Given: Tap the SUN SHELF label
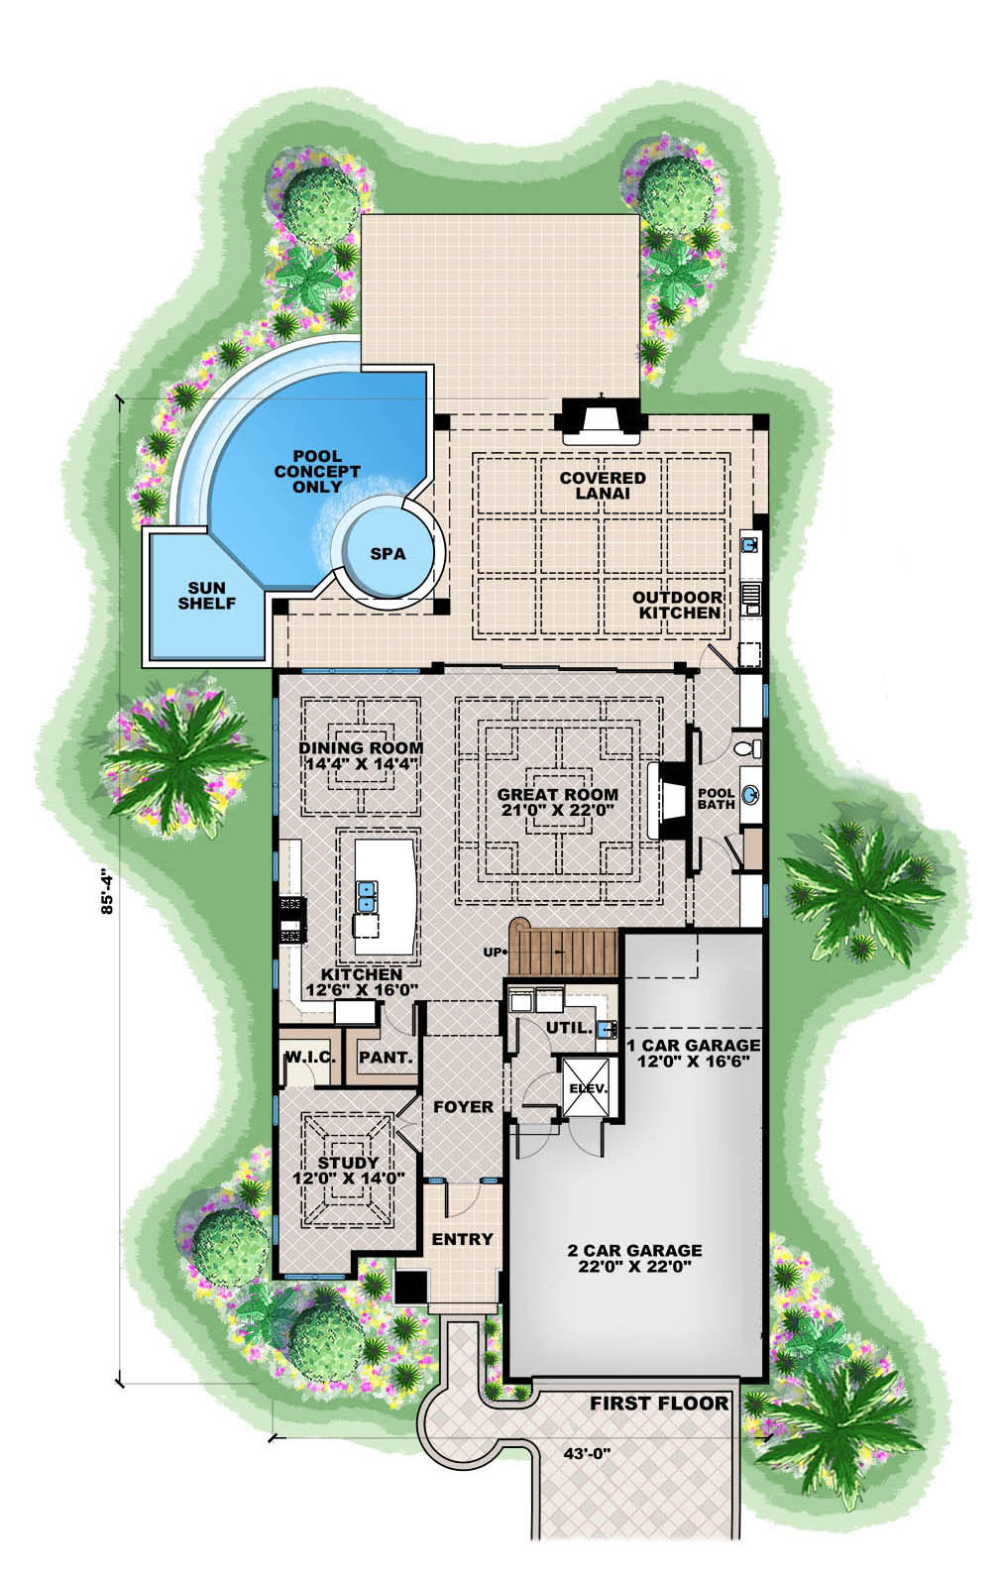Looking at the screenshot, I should tap(207, 596).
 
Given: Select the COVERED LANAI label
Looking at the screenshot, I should tap(602, 485).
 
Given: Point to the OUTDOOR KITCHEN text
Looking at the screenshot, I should tap(677, 605).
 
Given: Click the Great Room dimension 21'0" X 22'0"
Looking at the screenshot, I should tap(557, 809).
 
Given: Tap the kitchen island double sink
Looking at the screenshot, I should tap(367, 895).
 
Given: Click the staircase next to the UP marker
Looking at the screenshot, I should tap(562, 951).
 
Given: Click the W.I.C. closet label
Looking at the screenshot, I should tap(309, 1058).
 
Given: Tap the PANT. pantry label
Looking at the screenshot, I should tap(386, 1058).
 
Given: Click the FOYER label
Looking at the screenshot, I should tap(463, 1106).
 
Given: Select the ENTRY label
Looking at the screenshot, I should tap(462, 1239).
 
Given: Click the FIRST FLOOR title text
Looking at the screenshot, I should tap(659, 1403).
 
